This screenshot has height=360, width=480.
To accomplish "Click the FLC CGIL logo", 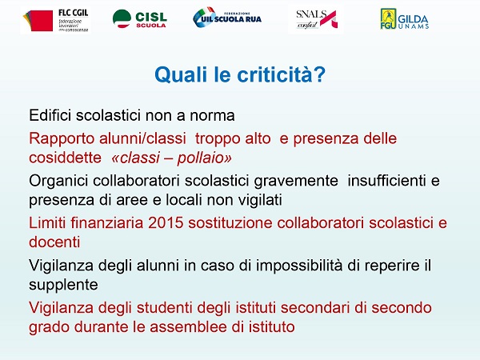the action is click(x=55, y=20).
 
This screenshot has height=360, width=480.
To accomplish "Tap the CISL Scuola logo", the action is click(x=139, y=19).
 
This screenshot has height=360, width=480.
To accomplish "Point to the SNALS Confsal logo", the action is click(x=316, y=19).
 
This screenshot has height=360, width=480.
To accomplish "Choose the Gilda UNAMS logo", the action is click(x=404, y=19).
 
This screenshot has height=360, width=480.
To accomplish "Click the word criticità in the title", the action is click(x=281, y=74).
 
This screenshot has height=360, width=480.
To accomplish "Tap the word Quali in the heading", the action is click(x=181, y=74).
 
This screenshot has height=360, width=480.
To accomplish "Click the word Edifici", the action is click(x=50, y=115).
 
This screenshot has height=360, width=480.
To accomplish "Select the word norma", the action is click(x=212, y=116).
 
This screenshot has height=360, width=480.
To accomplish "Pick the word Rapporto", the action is click(x=62, y=138).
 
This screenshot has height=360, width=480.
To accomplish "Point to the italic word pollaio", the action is click(x=204, y=158).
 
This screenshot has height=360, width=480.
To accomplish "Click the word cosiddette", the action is click(x=66, y=158).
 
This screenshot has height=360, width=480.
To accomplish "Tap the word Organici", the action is click(x=58, y=181).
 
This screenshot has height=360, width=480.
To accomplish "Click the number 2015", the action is click(x=166, y=223).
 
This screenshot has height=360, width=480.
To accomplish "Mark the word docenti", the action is click(x=54, y=242).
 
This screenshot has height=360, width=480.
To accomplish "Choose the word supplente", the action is click(x=63, y=286).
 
